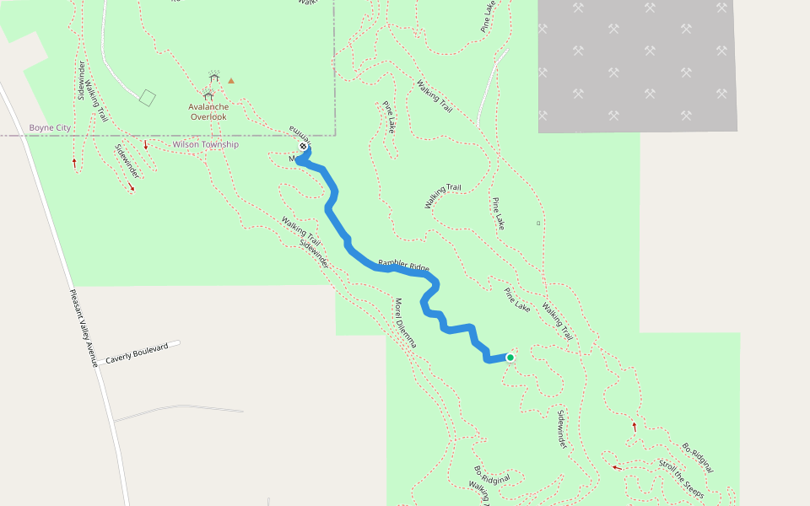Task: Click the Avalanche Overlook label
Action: (x=208, y=111)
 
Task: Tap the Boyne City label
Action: (x=50, y=128)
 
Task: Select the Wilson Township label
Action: (x=205, y=145)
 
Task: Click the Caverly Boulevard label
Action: (x=143, y=353)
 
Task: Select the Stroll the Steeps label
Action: (x=681, y=478)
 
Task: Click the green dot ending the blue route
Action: (x=510, y=358)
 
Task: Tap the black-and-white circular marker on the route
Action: (x=303, y=147)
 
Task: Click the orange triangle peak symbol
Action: (x=231, y=81)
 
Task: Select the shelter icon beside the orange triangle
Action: (x=214, y=78)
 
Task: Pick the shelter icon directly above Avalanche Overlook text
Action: (x=208, y=95)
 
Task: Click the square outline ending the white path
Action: (x=148, y=98)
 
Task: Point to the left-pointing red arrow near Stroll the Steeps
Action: (x=616, y=467)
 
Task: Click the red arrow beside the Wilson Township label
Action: (x=146, y=145)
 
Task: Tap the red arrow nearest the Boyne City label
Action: (x=74, y=161)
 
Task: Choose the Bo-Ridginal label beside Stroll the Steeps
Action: (x=698, y=457)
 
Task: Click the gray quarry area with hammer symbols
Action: (x=637, y=66)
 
